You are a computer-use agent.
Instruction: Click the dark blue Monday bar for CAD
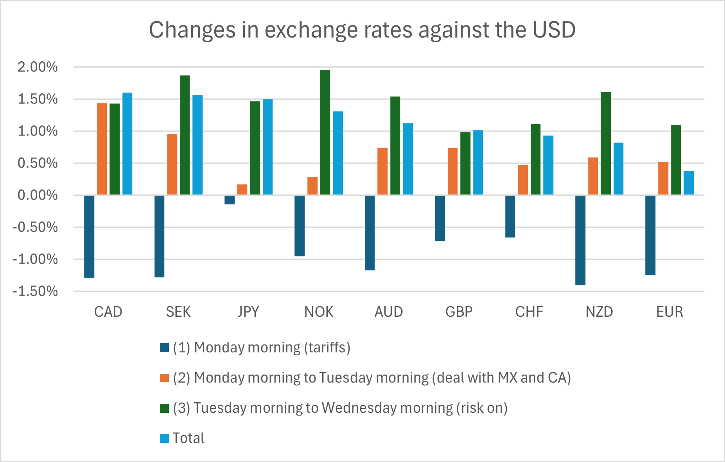pos(89,236)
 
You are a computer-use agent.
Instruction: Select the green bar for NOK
pos(325,132)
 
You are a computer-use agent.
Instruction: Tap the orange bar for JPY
pos(242,189)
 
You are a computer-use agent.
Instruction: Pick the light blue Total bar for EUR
pos(689,183)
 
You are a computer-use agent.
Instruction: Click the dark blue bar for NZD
pos(580,240)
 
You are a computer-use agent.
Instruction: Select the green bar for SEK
pos(185,135)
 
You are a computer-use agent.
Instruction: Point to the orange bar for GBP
pos(452,171)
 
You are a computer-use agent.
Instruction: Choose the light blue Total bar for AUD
pos(408,159)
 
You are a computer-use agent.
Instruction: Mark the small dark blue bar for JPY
pos(230,200)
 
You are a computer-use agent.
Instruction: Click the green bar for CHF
pos(535,159)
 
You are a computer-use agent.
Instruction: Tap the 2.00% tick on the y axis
pos(38,67)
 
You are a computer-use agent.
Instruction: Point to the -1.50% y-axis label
pos(35,291)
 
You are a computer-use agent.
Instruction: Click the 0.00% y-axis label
pos(38,195)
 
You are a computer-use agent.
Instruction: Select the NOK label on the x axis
pos(319,312)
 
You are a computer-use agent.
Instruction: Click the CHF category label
pos(529,312)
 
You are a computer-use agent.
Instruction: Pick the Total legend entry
pos(188,438)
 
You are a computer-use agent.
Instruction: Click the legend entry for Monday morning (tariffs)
pos(261,348)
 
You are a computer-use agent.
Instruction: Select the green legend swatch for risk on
pos(164,408)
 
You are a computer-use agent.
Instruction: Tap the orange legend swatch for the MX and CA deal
pos(164,378)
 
